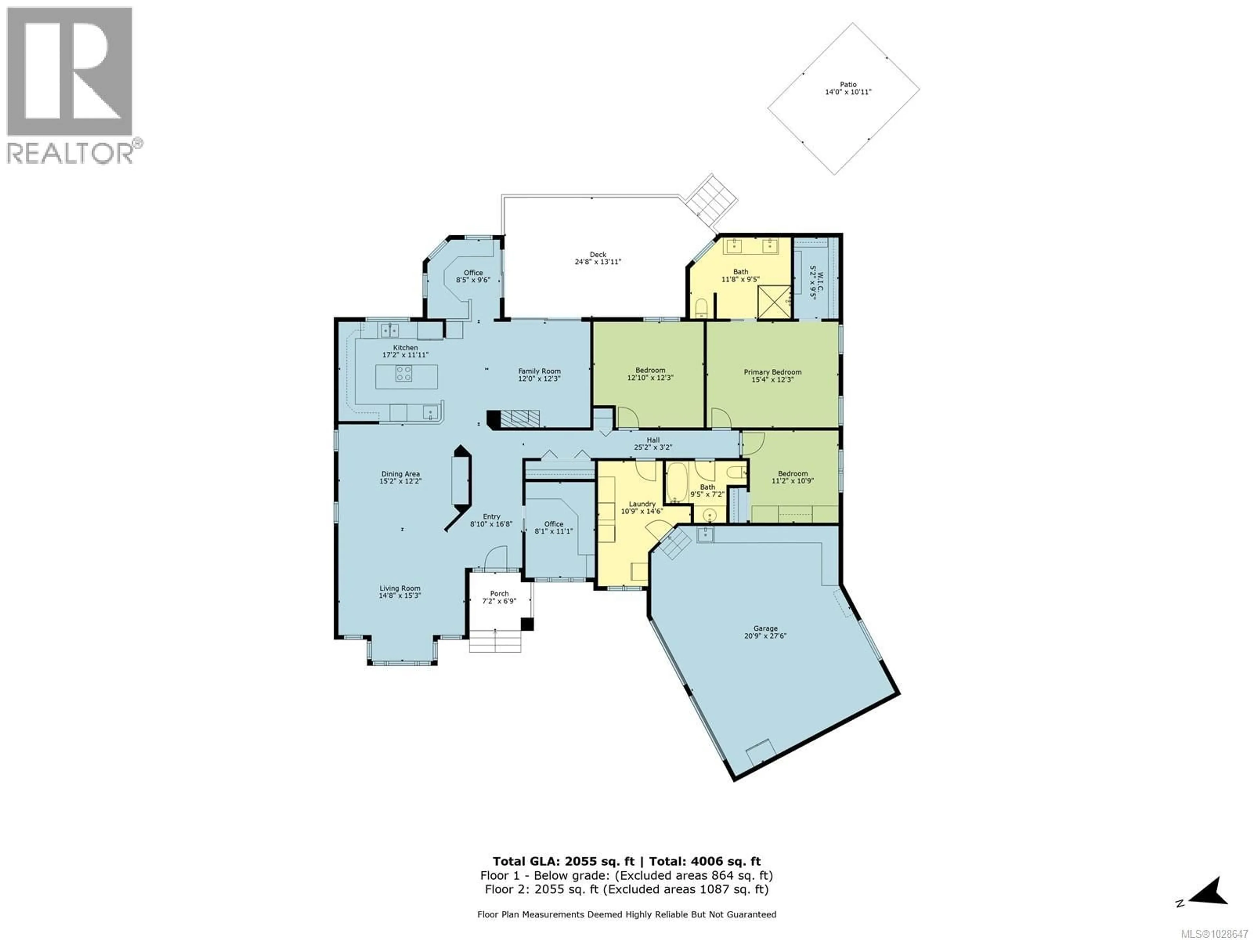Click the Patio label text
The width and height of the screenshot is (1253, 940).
[x=848, y=88]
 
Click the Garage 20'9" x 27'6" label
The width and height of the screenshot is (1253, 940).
[x=765, y=632]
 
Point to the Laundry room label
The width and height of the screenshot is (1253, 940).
[x=642, y=507]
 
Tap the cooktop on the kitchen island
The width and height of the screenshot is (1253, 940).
[x=404, y=373]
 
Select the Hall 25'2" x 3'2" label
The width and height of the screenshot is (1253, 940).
[x=653, y=443]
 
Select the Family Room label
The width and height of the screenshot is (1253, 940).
[x=539, y=374]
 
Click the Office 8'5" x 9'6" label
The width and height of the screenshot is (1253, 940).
[x=473, y=276]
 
